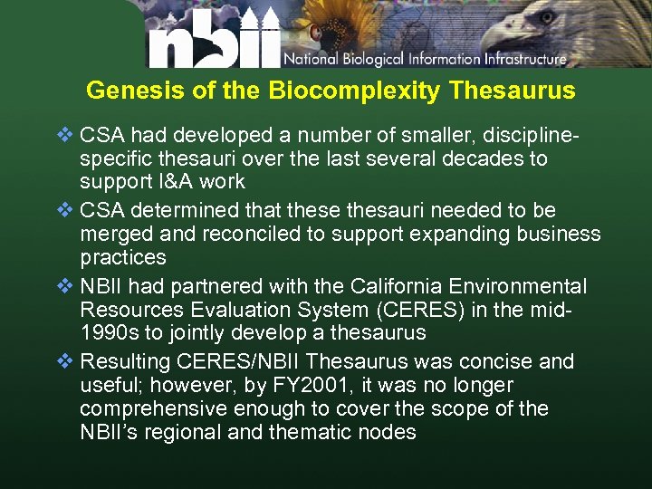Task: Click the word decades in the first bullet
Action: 482,159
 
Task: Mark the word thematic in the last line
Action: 314,432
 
